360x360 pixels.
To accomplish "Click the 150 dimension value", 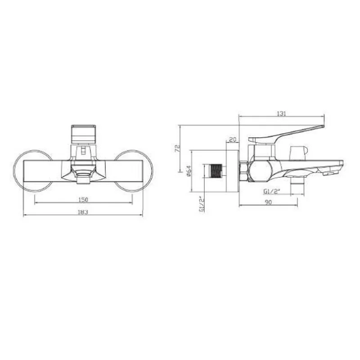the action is coord(83,199).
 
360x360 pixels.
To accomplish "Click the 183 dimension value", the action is coord(83,212).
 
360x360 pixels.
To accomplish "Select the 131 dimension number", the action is coord(282,113).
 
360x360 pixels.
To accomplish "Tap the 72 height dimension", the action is coord(177,148).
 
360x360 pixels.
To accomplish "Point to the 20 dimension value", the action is coord(233,139).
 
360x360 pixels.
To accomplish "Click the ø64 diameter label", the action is coord(189,171).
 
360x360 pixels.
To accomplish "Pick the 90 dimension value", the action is coord(268,202).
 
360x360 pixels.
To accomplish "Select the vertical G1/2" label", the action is coord(202,204).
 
